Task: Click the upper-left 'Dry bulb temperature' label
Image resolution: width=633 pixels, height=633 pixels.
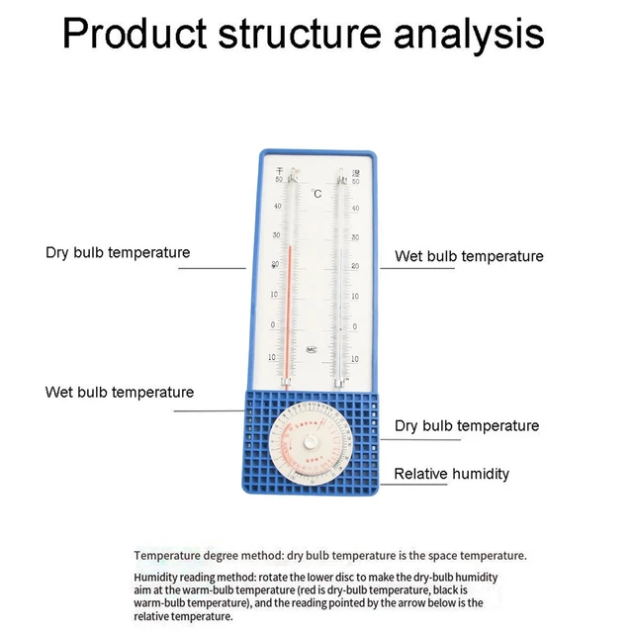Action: click(x=118, y=252)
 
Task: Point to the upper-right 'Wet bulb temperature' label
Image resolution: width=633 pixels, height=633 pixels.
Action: click(x=469, y=256)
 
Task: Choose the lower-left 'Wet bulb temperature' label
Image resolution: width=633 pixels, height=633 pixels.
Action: click(x=120, y=392)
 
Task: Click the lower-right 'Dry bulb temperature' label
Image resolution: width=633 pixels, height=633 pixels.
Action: click(x=467, y=425)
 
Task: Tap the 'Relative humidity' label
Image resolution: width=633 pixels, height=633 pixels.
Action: click(x=452, y=474)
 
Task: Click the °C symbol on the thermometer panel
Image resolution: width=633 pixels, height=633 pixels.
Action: click(x=316, y=194)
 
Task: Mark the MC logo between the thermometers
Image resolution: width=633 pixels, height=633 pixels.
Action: click(x=312, y=349)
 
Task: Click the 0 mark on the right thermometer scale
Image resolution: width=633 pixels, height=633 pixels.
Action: click(x=354, y=326)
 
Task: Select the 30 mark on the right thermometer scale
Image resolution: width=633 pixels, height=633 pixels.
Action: click(x=354, y=237)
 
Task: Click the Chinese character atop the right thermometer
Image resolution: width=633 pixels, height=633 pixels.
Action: click(x=355, y=172)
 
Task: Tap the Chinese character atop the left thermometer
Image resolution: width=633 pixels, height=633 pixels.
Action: click(x=278, y=171)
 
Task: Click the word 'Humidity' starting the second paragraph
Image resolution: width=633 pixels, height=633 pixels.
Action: click(x=158, y=577)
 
